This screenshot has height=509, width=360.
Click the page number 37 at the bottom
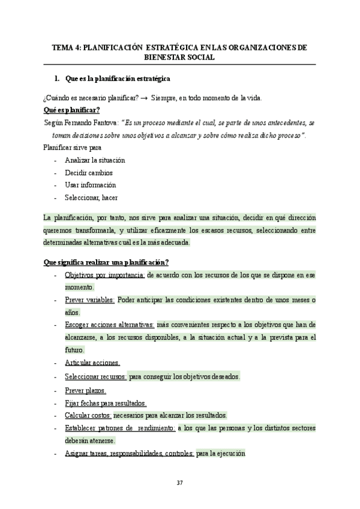pos(179,483)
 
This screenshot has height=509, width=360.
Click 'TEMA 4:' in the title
pos(65,47)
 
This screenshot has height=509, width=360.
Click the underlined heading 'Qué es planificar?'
pos(71,110)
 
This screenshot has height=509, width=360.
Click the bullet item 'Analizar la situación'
pos(95,160)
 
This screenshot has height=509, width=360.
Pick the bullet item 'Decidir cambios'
pos(88,172)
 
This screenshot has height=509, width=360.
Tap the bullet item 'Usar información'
pos(90,184)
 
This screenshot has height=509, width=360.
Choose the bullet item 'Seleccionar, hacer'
pos(91,197)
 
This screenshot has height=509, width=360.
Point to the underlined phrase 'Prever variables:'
pos(89,300)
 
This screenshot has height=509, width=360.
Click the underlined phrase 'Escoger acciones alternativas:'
pos(109,325)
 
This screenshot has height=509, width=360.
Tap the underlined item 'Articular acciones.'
pos(92,363)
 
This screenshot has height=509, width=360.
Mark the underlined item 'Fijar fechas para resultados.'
pos(105,403)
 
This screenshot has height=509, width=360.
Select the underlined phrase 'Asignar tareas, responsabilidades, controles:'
pos(129,454)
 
